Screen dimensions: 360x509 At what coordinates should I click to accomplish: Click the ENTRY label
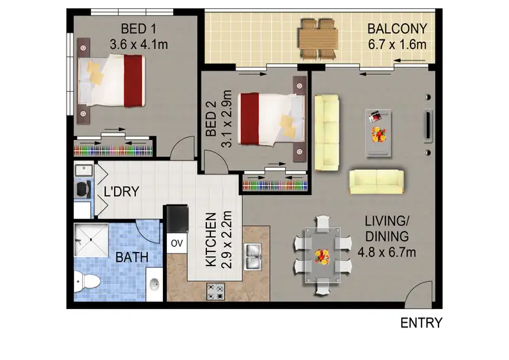click(421, 323)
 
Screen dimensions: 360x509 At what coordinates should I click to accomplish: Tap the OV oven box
click(177, 242)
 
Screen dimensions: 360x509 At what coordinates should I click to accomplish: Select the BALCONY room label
click(397, 29)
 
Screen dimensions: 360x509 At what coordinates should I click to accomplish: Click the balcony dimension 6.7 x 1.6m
click(397, 45)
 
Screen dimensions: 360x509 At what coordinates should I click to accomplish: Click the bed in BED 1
click(112, 80)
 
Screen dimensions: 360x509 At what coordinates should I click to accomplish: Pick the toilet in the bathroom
click(84, 280)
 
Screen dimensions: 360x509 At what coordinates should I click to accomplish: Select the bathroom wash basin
click(154, 283)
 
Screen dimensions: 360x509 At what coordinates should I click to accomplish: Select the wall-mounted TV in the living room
click(428, 124)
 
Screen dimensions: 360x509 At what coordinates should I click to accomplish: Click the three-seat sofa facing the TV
click(326, 132)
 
